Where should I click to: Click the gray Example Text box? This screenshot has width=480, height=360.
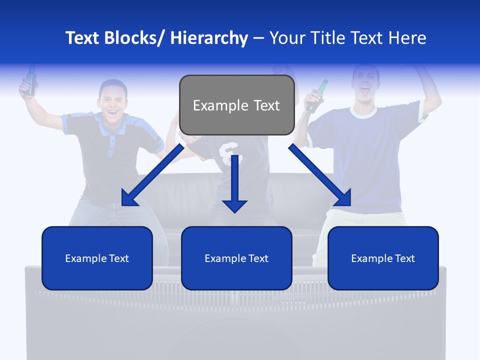click(236, 105)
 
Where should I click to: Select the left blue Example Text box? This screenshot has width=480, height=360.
click(97, 258)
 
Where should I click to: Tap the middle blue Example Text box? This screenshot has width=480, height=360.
click(236, 258)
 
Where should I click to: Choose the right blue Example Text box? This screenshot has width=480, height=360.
click(383, 258)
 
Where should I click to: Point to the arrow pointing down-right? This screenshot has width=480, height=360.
click(320, 176)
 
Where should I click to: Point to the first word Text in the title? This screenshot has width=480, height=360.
click(82, 38)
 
